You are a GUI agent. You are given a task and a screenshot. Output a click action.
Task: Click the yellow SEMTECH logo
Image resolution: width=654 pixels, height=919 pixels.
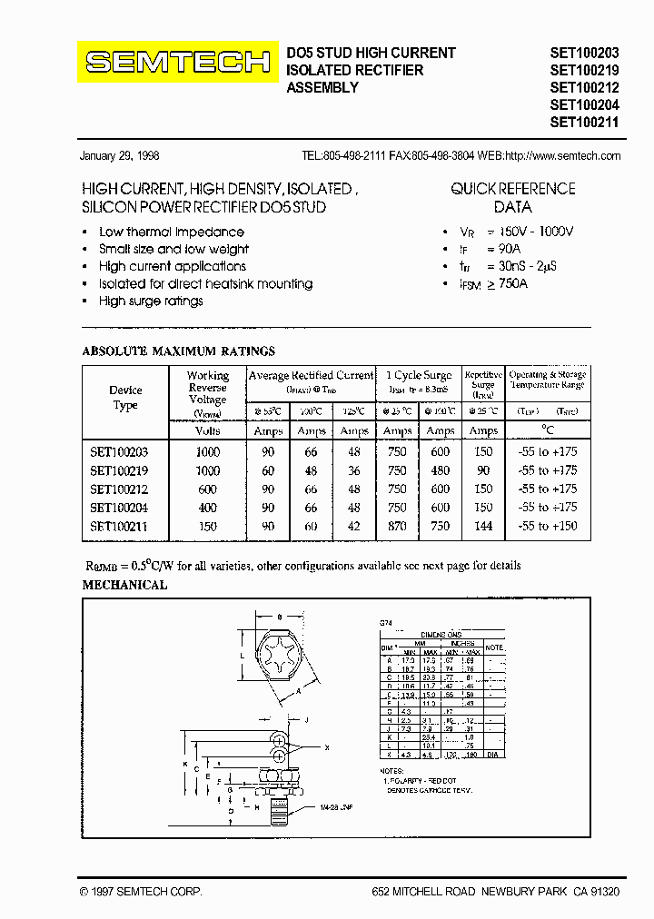point(178,62)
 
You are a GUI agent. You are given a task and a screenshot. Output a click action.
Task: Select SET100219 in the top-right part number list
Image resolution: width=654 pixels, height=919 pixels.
point(584,70)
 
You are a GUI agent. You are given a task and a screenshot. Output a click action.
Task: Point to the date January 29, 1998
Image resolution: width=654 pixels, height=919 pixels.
point(120,155)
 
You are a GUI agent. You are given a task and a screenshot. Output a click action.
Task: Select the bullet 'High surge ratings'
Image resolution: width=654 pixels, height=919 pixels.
point(151,301)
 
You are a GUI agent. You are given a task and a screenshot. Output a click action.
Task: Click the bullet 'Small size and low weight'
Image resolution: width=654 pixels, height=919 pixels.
point(173,249)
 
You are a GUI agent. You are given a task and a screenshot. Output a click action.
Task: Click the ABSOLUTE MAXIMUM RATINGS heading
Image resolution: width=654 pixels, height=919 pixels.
point(179,351)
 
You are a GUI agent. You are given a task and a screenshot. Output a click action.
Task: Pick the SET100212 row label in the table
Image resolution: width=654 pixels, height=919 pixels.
point(119,489)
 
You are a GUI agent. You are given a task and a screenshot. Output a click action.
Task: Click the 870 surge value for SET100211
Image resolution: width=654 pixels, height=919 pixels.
point(397,526)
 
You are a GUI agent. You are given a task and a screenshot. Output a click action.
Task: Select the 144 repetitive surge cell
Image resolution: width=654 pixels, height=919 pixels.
point(483,526)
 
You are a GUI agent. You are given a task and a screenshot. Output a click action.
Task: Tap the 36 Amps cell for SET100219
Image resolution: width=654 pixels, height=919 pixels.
point(353,470)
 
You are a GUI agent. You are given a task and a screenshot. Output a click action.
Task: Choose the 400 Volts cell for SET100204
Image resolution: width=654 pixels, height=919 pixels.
point(207,508)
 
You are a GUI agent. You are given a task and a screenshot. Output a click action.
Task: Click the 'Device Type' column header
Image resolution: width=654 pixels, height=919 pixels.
point(125,398)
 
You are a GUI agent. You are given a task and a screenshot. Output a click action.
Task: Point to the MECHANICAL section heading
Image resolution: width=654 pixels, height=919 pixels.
point(124,586)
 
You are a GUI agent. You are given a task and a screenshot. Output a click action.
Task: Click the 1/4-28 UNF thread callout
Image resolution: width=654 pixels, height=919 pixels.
point(337,806)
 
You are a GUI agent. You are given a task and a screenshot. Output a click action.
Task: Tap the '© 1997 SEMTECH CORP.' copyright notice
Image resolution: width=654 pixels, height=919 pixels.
point(141,892)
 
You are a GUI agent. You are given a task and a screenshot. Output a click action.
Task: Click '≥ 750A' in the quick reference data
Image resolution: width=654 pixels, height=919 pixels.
point(507,283)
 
